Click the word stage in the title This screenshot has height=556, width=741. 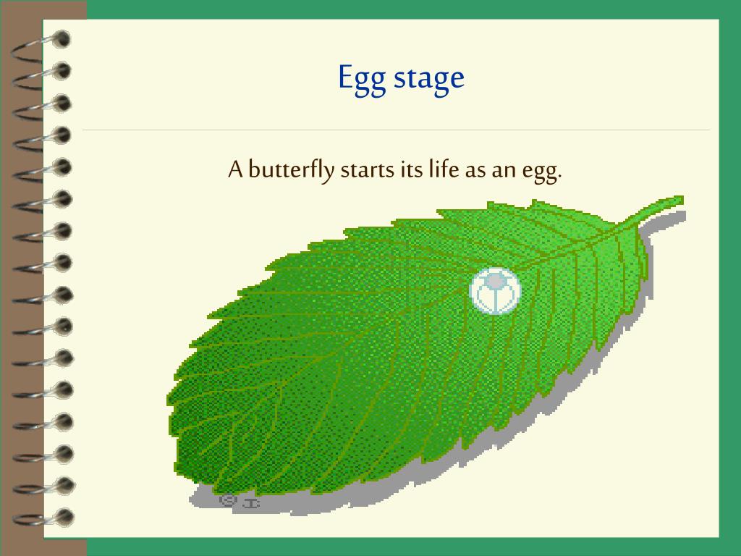pyautogui.click(x=429, y=78)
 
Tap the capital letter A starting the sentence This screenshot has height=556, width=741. pyautogui.click(x=235, y=170)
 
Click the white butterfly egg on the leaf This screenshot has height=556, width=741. pyautogui.click(x=495, y=291)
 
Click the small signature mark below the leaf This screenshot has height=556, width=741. pyautogui.click(x=239, y=500)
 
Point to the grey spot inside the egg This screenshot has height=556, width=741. pyautogui.click(x=494, y=280)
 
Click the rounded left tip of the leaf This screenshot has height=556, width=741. pyautogui.click(x=174, y=413)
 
